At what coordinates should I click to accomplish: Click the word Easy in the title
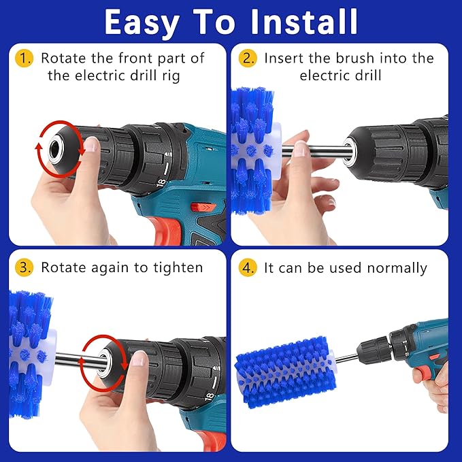(x=143, y=22)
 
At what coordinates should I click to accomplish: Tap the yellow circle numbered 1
(x=24, y=59)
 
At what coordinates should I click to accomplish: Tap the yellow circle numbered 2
(x=247, y=59)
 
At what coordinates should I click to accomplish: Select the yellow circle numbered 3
(x=24, y=267)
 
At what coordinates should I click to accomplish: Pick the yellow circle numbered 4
(x=247, y=268)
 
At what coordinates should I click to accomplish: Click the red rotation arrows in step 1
(x=58, y=147)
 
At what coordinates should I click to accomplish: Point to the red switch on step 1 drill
(x=199, y=207)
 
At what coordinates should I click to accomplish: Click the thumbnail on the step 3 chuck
(x=139, y=359)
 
